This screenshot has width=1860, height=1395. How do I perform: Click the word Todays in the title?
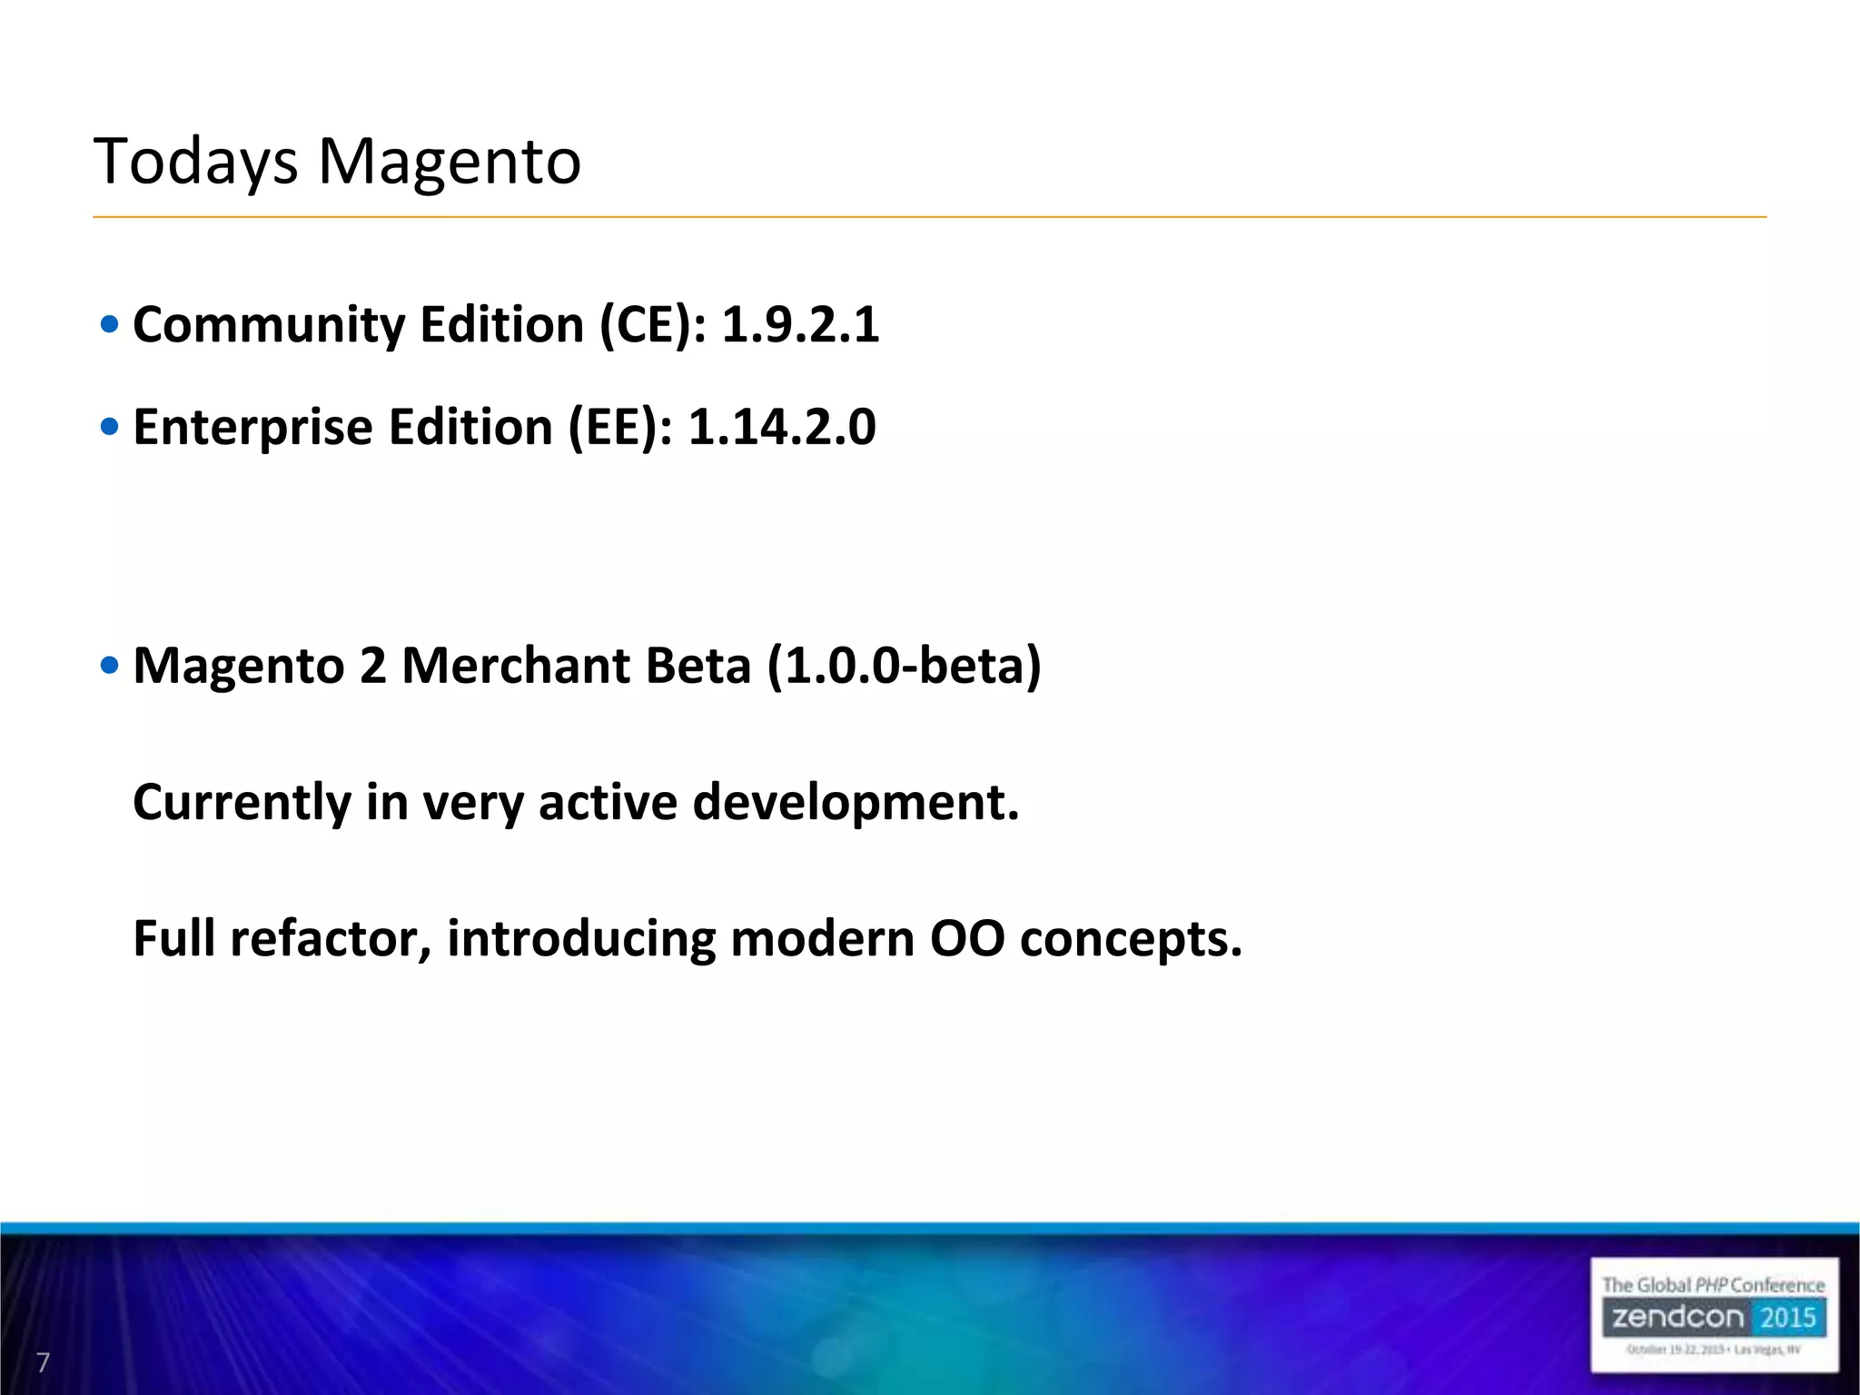[x=195, y=163]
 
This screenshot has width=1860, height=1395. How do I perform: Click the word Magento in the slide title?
[x=449, y=161]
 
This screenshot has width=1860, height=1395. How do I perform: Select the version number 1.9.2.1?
[x=800, y=324]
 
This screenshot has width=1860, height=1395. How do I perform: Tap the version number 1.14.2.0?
[x=782, y=427]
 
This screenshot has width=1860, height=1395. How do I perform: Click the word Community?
[x=269, y=326]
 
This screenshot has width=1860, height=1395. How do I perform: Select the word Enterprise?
[x=253, y=428]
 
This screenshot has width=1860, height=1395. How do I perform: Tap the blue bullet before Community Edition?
[x=109, y=325]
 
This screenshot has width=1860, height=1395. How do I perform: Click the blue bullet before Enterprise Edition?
[x=109, y=427]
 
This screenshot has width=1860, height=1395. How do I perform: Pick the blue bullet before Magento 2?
[x=109, y=666]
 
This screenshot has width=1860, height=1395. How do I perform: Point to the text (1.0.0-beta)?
[x=904, y=666]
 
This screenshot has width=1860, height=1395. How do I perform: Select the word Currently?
[x=242, y=803]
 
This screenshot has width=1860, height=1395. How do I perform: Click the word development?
[x=856, y=803]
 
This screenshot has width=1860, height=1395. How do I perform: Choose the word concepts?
[x=1131, y=940]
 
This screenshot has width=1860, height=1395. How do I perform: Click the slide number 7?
[x=43, y=1362]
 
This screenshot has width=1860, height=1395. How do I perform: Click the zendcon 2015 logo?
[x=1714, y=1315]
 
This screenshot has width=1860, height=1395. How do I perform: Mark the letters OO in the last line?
[x=967, y=938]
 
